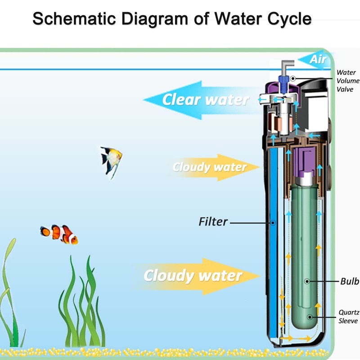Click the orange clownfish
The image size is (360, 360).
(59, 234)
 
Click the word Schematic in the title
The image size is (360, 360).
(74, 18)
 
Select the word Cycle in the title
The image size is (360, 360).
(289, 19)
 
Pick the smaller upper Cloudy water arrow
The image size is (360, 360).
(216, 167)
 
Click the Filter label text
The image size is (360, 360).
(213, 222)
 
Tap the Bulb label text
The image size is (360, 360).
(350, 281)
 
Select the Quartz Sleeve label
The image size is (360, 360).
(349, 317)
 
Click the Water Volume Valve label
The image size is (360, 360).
(347, 81)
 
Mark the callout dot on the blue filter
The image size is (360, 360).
(273, 223)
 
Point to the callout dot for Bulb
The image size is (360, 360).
(307, 281)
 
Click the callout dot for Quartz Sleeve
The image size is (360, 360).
(310, 317)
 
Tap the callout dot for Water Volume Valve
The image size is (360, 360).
(293, 78)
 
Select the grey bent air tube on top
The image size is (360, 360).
(287, 67)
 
